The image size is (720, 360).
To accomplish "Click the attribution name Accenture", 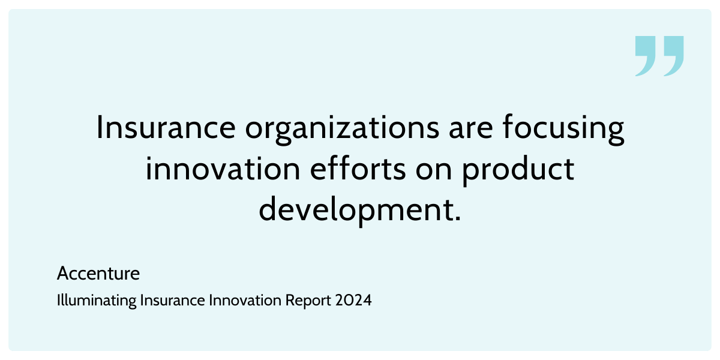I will coord(98,274).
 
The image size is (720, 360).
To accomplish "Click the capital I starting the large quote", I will coord(100,128).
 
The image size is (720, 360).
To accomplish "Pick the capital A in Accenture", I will coord(62,274).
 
